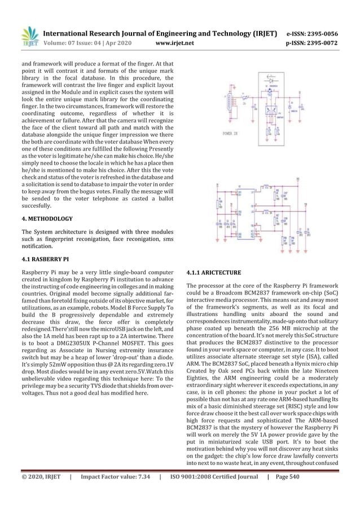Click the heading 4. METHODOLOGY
[47, 217]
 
